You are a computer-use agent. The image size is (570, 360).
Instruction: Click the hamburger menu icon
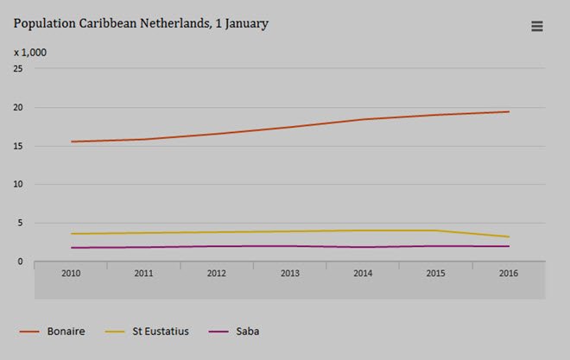click(x=536, y=27)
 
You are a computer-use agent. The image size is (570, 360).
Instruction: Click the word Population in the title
click(x=44, y=24)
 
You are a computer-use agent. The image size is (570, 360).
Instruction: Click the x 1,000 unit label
click(x=30, y=53)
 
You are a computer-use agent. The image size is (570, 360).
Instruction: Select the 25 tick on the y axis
click(x=17, y=69)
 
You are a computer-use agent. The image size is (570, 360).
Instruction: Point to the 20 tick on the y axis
click(x=17, y=108)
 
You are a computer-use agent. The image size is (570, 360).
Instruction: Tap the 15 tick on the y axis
click(x=17, y=146)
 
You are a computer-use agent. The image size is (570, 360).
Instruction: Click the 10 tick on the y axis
click(x=17, y=184)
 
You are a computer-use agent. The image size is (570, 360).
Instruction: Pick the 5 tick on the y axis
click(x=20, y=223)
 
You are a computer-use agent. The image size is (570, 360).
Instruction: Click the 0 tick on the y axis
click(x=20, y=261)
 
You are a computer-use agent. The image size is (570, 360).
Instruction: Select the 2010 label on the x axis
click(x=71, y=273)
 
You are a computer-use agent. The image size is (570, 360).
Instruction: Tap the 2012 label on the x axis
click(x=217, y=273)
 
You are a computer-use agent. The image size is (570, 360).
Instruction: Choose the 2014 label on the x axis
click(x=363, y=273)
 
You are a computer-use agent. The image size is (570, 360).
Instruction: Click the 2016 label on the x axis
click(x=509, y=273)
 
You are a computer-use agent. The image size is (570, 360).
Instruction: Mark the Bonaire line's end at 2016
click(x=509, y=111)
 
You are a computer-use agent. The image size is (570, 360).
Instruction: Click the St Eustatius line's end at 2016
click(x=509, y=237)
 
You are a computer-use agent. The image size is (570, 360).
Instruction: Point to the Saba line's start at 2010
click(x=72, y=248)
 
